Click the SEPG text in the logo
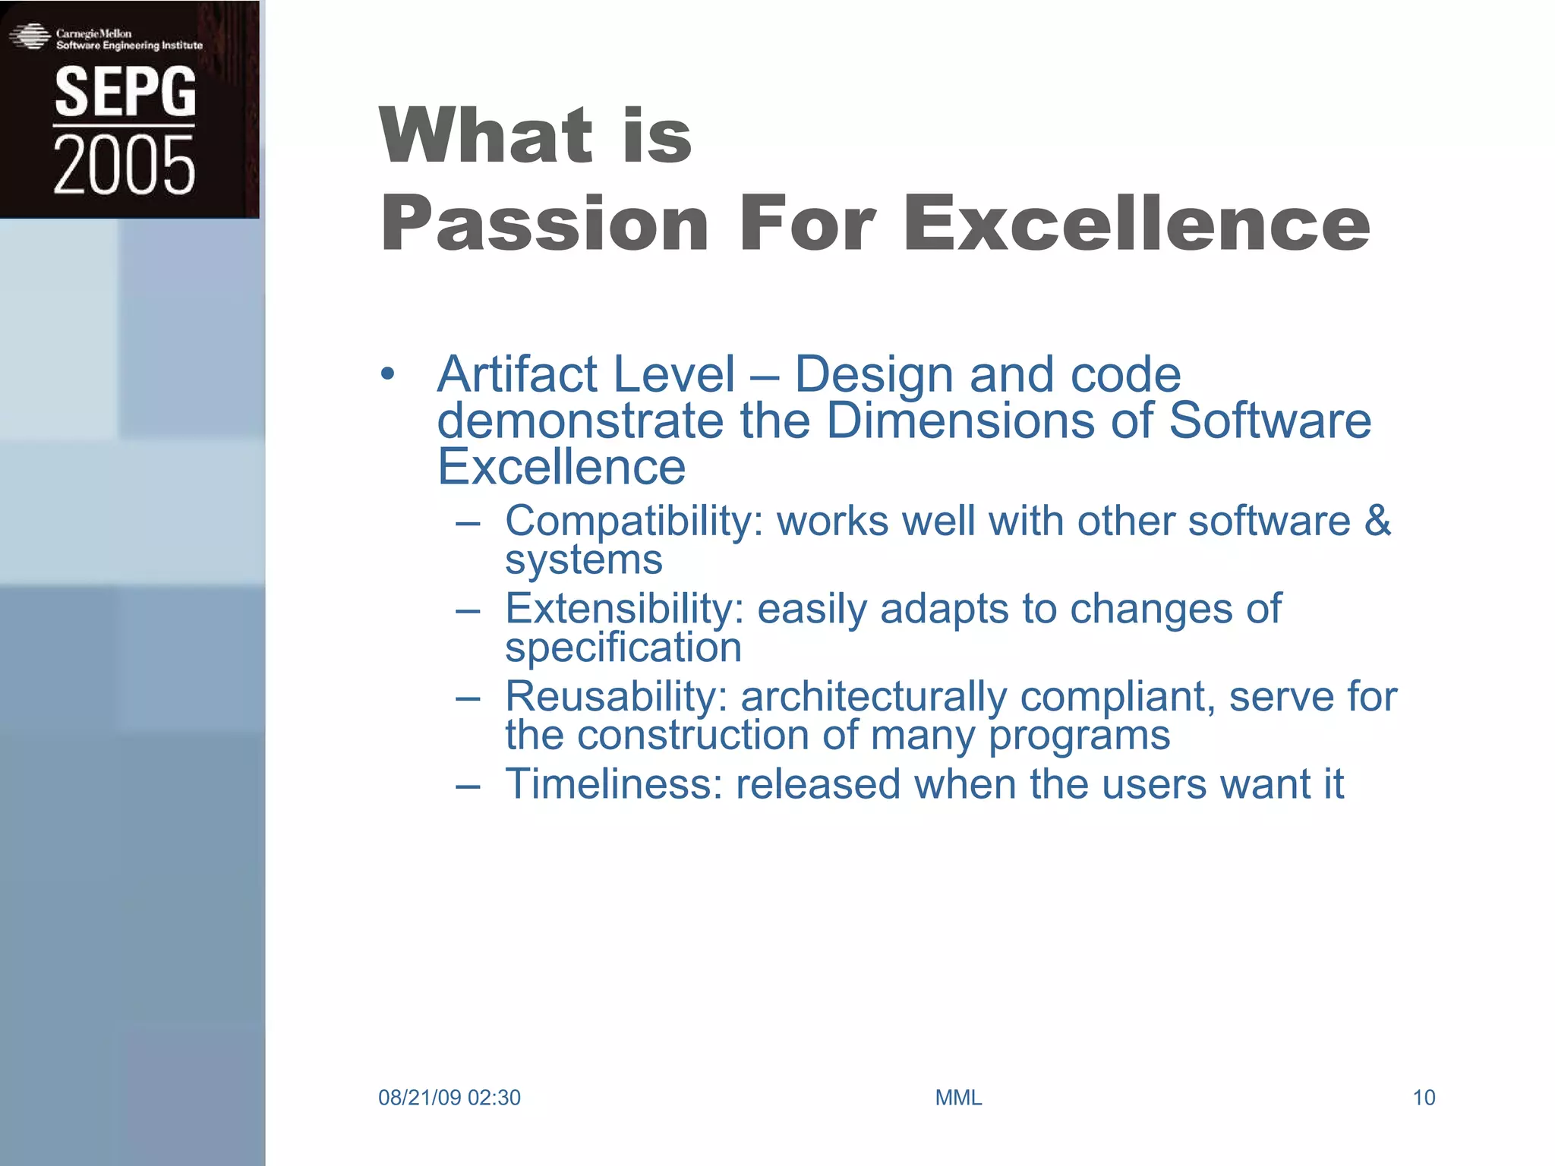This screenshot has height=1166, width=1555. point(125,92)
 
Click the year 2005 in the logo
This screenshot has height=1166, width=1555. point(125,165)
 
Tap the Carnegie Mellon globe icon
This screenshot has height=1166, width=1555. point(30,36)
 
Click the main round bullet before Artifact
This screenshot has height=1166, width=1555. point(388,374)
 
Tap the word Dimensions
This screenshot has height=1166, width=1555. point(960,421)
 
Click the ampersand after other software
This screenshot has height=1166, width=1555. point(1377,521)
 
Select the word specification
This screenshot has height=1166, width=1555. point(623,648)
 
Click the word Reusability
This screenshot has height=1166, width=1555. point(616,697)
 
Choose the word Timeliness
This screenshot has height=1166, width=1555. point(613,784)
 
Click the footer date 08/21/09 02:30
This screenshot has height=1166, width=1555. point(449,1098)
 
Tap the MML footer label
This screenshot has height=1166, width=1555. point(958,1098)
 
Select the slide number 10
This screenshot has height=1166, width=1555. point(1423,1098)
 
